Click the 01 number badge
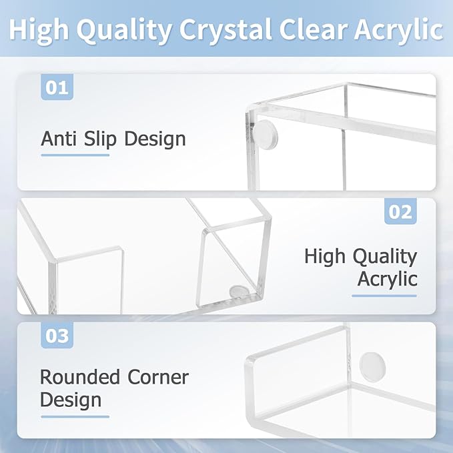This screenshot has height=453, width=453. pyautogui.click(x=57, y=87)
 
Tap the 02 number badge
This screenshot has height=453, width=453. pyautogui.click(x=400, y=211)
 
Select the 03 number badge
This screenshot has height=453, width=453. pyautogui.click(x=57, y=336)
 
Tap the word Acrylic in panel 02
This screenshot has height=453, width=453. pyautogui.click(x=387, y=279)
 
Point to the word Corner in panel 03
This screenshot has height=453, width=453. pyautogui.click(x=154, y=377)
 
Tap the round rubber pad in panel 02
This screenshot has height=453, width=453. pyautogui.click(x=238, y=291)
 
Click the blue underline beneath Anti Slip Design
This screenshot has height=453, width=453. pyautogui.click(x=75, y=155)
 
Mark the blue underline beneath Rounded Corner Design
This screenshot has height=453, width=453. pyautogui.click(x=74, y=416)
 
